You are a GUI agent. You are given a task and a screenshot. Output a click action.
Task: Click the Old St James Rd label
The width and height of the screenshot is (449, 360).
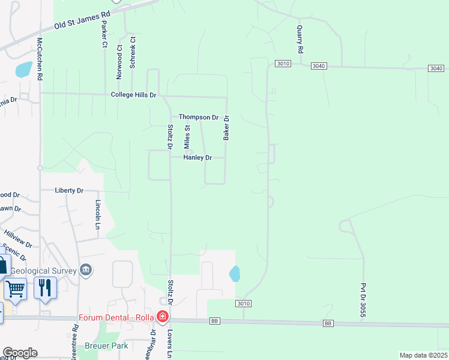83,20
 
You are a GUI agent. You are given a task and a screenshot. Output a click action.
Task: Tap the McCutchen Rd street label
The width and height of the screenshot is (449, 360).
40,59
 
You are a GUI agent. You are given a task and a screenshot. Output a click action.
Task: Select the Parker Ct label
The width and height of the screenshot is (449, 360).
104,34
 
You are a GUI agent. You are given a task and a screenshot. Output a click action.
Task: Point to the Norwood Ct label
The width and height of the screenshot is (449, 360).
119,62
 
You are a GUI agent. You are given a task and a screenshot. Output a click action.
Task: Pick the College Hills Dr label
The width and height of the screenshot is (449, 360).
133,95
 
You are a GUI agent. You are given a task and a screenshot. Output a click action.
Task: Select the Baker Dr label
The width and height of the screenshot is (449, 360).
226,128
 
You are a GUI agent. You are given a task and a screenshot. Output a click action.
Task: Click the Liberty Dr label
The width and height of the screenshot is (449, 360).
69,190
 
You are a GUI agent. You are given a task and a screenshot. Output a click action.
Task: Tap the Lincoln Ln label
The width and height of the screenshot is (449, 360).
97,215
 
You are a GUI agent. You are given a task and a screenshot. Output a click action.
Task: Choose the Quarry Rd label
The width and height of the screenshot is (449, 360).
300,38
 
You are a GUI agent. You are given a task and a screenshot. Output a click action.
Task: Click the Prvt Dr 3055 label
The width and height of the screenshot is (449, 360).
363,301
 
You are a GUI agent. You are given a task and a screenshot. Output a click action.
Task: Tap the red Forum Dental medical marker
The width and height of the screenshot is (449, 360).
162,316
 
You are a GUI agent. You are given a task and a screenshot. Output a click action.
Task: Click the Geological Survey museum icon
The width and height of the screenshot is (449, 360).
86,270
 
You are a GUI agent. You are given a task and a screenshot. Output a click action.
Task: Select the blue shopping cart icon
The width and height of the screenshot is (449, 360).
16,289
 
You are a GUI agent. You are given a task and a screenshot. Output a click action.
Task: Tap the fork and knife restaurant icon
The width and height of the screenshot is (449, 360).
45,288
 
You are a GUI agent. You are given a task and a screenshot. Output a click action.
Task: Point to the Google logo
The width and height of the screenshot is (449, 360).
20,352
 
